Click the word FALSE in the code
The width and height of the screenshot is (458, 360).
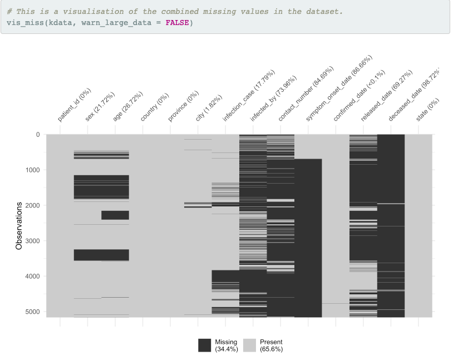(177, 22)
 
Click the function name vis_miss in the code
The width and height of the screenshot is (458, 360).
(26, 22)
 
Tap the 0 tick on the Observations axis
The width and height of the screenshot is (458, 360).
(37, 135)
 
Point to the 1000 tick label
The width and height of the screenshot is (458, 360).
(32, 170)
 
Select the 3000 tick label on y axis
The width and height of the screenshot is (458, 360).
(32, 241)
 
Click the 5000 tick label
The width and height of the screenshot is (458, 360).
(32, 312)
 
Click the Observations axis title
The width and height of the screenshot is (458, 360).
(19, 225)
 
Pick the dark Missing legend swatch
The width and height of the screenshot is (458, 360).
(204, 345)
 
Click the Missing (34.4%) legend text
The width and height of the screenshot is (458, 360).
(226, 346)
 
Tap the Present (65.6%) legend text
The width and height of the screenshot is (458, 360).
(272, 346)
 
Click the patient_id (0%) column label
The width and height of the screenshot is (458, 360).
(75, 105)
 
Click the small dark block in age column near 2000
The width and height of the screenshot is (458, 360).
(115, 215)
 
